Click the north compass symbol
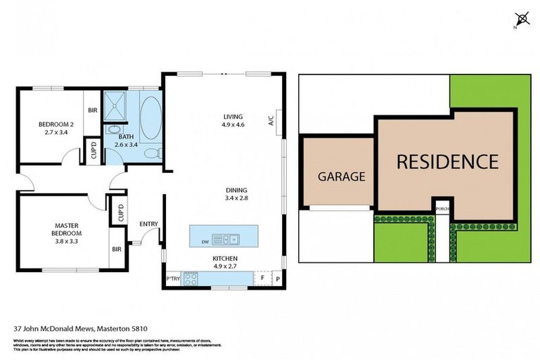[x=521, y=19]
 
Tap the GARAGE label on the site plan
[x=342, y=176]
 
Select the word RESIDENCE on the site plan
[x=447, y=162]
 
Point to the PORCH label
[x=442, y=209]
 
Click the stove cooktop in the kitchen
[x=191, y=278]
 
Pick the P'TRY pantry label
[x=172, y=279]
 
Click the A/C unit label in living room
[x=270, y=120]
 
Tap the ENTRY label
[x=149, y=224]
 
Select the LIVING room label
[x=233, y=116]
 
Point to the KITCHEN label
[x=226, y=258]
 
